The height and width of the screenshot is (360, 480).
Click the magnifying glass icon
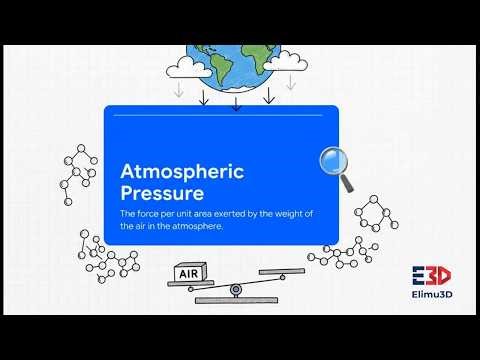pos(336,166)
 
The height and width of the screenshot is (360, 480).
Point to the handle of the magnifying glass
pos(347,183)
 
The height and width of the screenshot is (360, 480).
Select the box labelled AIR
pos(187,273)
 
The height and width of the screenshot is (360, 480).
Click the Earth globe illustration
pos(236,69)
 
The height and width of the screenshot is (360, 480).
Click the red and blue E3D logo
pos(431,275)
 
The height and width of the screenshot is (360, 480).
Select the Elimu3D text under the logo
pos(431,296)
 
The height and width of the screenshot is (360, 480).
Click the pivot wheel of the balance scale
pos(235,290)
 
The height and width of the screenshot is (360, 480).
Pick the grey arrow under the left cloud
pos(178,91)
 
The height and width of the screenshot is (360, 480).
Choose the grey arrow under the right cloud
pos(291,84)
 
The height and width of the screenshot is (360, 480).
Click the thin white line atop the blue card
pos(221,115)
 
